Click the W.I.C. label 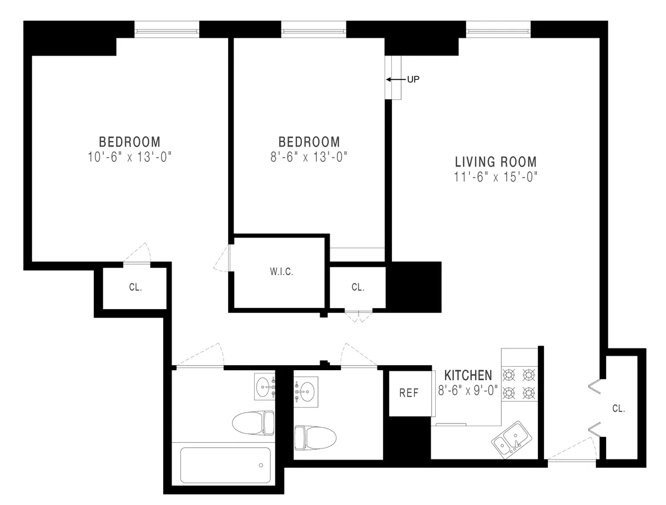pos(281,272)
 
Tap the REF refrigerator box pos(409,393)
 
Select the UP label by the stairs pos(413,79)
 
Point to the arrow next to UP pos(396,79)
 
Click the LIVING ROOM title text pos(496,162)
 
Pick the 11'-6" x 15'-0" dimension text pos(496,177)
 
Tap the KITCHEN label pos(468,375)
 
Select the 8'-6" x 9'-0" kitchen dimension pos(468,390)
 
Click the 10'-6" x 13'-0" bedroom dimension pos(129,156)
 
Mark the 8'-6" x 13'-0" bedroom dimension pos(309,156)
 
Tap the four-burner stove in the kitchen pos(518,383)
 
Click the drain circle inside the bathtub pos(260,466)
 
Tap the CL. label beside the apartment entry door pos(618,408)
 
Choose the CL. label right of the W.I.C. pos(358,287)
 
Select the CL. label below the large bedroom pos(135,287)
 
